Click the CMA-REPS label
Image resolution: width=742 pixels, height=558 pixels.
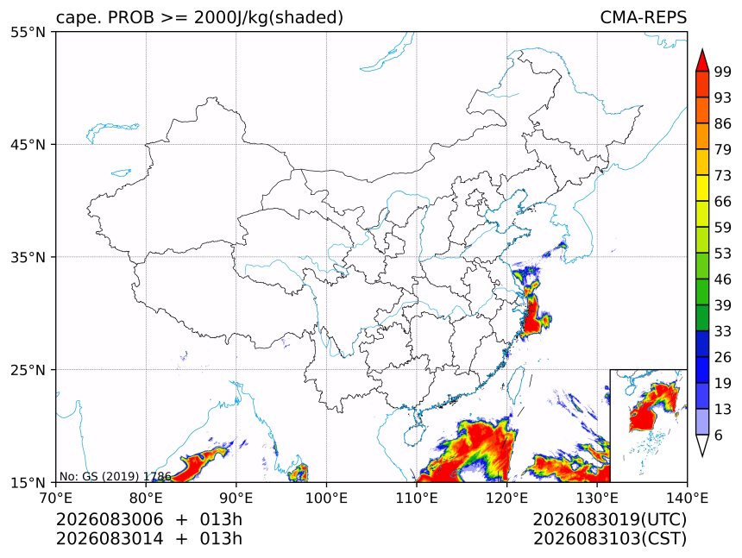pyautogui.click(x=643, y=17)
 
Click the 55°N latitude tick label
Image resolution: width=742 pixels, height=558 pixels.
pyautogui.click(x=28, y=33)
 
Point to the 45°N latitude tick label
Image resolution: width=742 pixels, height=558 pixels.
pyautogui.click(x=28, y=145)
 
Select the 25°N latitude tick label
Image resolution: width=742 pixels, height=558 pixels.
pyautogui.click(x=28, y=370)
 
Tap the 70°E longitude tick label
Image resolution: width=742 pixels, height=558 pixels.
pyautogui.click(x=56, y=498)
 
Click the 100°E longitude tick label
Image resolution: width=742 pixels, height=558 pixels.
pyautogui.click(x=326, y=498)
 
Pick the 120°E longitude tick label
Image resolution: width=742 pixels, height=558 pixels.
pyautogui.click(x=506, y=498)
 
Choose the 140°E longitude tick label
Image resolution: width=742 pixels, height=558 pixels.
pyautogui.click(x=687, y=498)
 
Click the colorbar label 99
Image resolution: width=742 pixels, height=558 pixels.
pyautogui.click(x=723, y=72)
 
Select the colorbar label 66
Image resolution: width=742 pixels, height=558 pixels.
pyautogui.click(x=723, y=202)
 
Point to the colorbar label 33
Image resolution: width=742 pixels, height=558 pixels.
pyautogui.click(x=723, y=331)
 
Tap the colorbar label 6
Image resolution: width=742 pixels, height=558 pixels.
pyautogui.click(x=719, y=435)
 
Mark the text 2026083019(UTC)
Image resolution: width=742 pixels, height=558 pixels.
pyautogui.click(x=609, y=519)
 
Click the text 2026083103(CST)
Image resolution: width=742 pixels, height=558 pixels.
pyautogui.click(x=609, y=539)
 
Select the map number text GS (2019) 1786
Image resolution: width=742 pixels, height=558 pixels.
pyautogui.click(x=127, y=476)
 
